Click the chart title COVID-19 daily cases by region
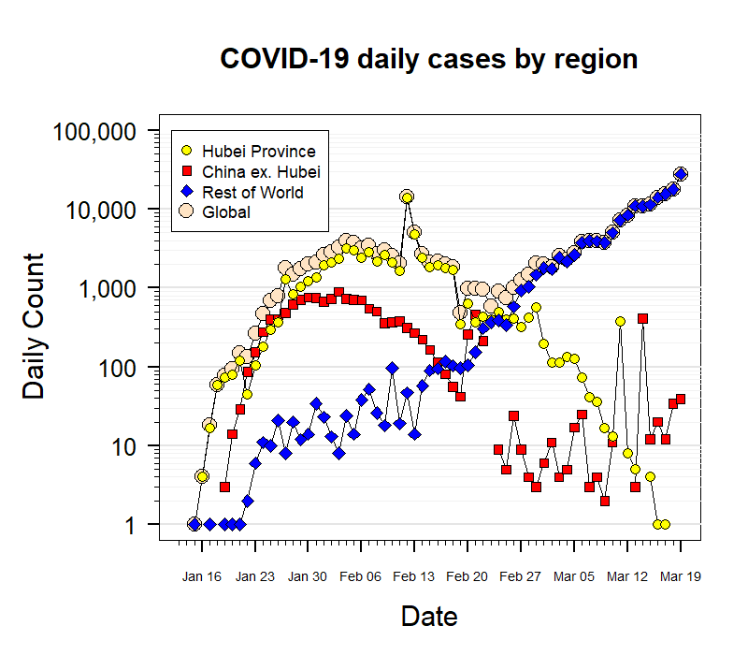(428, 59)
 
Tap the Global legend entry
(225, 212)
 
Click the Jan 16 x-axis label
(202, 577)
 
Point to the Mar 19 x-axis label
(681, 577)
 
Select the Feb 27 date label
(521, 577)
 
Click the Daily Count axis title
(34, 327)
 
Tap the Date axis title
(429, 617)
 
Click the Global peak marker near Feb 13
(407, 196)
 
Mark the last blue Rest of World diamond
(681, 174)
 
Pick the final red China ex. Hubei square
(681, 399)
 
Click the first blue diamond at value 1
(194, 524)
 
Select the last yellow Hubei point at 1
(666, 524)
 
